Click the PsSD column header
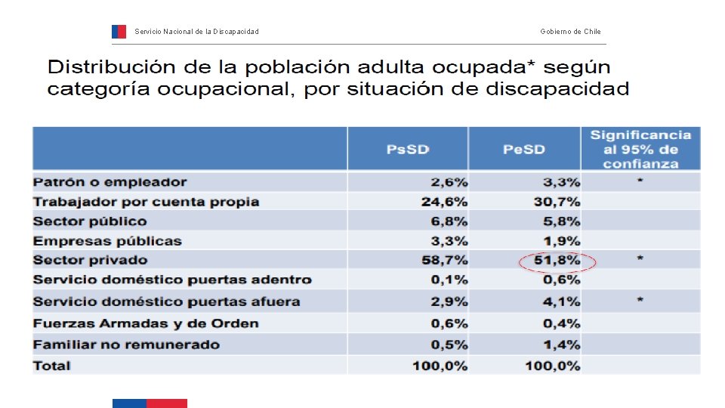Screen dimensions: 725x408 (x=408, y=150)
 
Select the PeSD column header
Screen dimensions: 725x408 (x=524, y=150)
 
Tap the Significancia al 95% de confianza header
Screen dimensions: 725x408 (x=641, y=150)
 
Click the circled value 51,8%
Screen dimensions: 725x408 (x=557, y=260)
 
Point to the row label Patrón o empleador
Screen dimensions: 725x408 (x=110, y=182)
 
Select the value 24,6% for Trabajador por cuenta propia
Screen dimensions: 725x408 (x=444, y=202)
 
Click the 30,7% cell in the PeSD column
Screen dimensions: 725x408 (x=557, y=202)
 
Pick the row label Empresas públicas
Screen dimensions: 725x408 (x=107, y=241)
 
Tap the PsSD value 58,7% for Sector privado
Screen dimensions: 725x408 (x=444, y=260)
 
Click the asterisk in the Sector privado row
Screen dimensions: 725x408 (x=640, y=258)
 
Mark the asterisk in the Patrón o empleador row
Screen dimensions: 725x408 (x=640, y=181)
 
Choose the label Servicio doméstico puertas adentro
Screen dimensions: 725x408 (x=172, y=280)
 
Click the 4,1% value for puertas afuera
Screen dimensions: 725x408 (x=561, y=301)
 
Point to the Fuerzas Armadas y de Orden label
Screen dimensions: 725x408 (x=146, y=323)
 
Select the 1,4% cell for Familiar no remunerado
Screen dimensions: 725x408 (x=561, y=345)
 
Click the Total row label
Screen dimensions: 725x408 (x=52, y=366)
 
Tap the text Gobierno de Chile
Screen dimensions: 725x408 (x=571, y=32)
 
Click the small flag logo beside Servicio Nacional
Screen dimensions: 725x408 (x=119, y=32)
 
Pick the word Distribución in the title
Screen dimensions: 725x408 (x=112, y=67)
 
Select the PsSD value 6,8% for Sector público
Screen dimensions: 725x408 (x=449, y=221)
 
